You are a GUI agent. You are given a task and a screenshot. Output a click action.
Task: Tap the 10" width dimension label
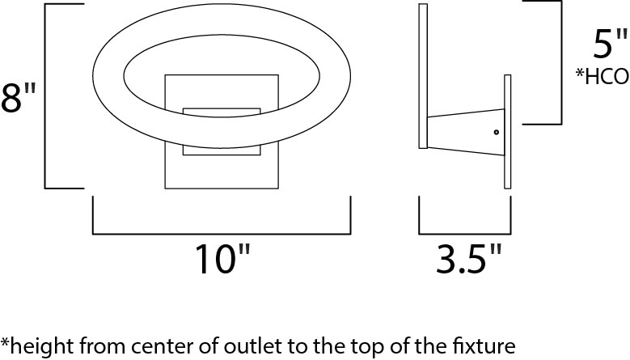tap(222, 259)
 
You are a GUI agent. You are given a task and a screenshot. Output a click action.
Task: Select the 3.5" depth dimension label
tap(469, 259)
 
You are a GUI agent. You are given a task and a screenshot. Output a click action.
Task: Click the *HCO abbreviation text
tap(602, 76)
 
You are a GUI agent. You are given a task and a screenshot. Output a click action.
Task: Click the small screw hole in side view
tap(497, 132)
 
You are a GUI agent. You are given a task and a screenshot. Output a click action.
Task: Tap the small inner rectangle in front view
tap(222, 131)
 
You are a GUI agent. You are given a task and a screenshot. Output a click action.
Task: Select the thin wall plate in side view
tap(507, 131)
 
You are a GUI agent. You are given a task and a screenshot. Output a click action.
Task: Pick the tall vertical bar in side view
tap(423, 76)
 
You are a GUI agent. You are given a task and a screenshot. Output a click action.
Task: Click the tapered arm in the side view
tap(465, 132)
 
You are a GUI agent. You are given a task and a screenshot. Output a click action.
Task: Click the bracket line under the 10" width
tap(222, 234)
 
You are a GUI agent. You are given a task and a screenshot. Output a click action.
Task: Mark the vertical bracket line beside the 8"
tap(44, 96)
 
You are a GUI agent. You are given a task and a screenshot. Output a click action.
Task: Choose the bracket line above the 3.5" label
tap(465, 234)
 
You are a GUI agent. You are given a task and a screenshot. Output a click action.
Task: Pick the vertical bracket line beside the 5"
tap(561, 62)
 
